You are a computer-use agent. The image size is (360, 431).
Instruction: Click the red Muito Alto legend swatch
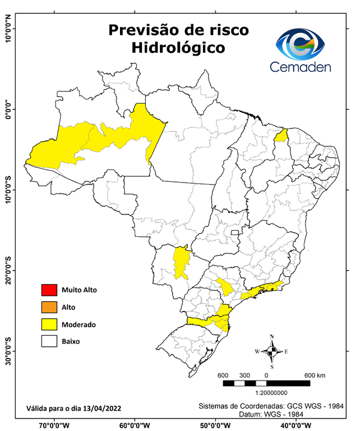pos(49,290)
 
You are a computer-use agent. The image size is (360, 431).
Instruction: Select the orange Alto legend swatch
pos(49,307)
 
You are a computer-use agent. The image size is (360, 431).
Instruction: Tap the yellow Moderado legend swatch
pos(49,324)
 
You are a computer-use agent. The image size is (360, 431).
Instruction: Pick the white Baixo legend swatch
pos(49,341)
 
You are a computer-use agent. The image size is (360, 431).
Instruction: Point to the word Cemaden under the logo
pos(301,67)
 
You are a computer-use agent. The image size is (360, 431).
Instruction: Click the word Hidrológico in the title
pos(178,48)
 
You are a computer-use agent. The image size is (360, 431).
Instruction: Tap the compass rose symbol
pos(271,352)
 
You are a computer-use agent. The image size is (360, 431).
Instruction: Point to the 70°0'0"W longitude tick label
pos(54,425)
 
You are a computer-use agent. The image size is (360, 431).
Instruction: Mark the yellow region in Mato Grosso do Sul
pos(181,262)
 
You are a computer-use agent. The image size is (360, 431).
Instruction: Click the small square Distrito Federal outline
pos(235,232)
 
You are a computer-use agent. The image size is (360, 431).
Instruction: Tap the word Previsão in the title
pos(143,29)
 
